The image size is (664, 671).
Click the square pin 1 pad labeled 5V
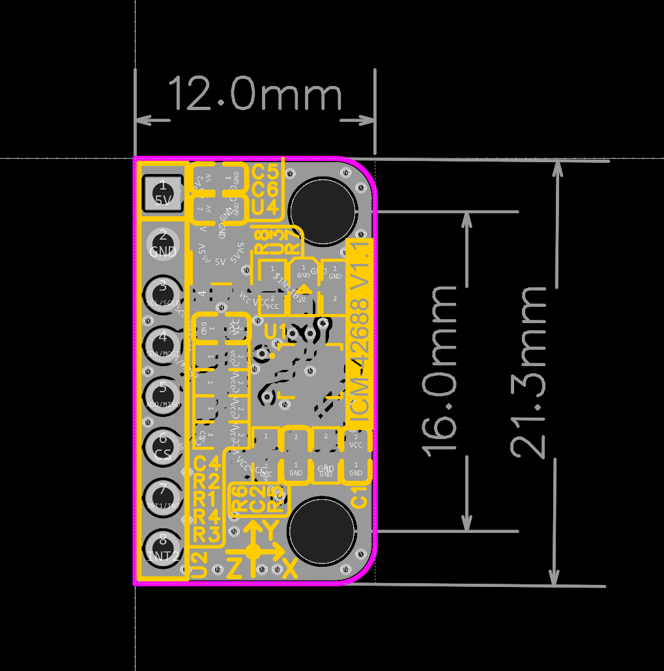pos(162,193)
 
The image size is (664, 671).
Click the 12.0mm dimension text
pos(255,94)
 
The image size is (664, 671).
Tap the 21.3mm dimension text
pos(528,371)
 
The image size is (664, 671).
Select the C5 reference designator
pos(265,173)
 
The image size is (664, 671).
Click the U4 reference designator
pos(265,208)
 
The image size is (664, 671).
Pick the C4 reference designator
pos(208,464)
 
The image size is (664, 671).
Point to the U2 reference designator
pos(199,565)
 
